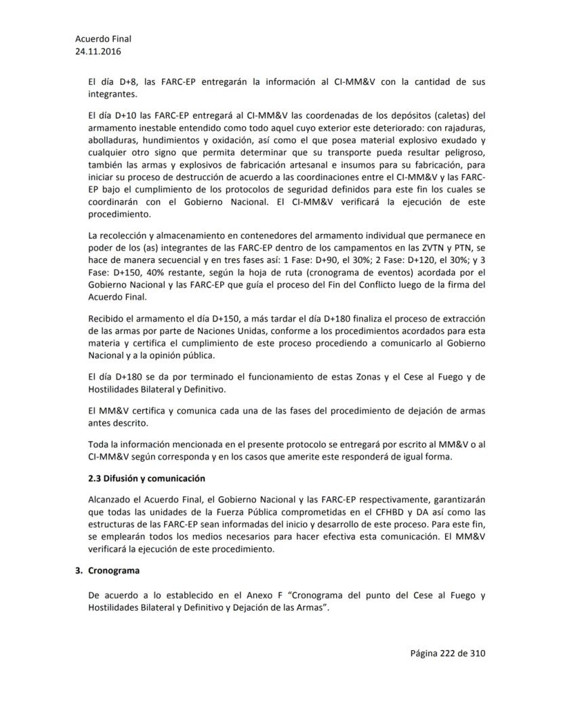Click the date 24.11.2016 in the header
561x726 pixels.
pos(99,51)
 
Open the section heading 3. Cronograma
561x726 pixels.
pos(112,572)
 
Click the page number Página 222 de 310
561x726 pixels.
pos(447,653)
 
